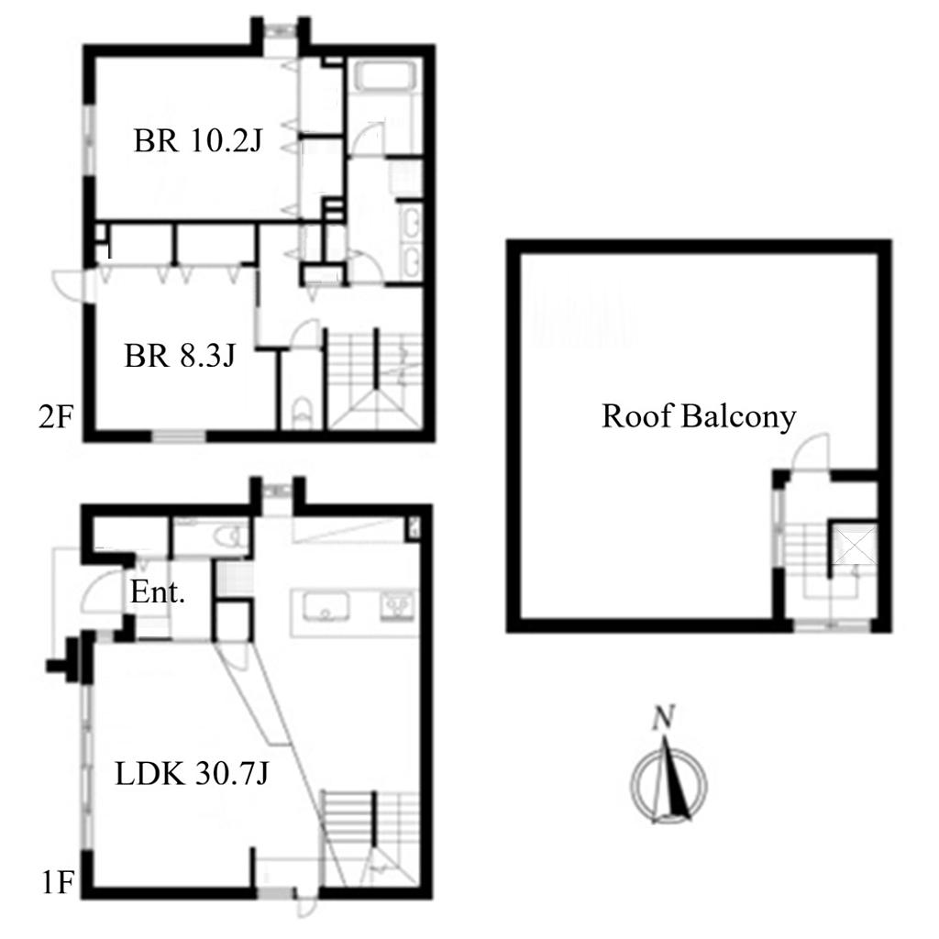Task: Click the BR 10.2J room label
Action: (198, 140)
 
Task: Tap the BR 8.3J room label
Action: (180, 355)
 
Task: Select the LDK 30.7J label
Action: (192, 773)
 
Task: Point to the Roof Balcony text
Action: (699, 416)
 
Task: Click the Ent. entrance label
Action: (158, 592)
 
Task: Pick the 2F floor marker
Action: (56, 417)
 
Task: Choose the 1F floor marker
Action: (58, 882)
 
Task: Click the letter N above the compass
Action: (664, 717)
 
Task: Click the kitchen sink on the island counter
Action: (326, 607)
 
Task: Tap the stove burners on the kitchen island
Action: (397, 605)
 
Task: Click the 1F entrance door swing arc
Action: (101, 590)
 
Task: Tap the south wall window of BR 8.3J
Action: (179, 436)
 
